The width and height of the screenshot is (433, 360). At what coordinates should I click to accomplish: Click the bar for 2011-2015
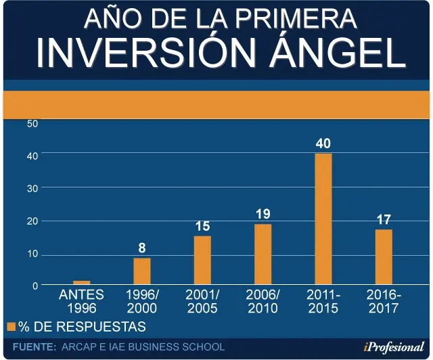(x=323, y=219)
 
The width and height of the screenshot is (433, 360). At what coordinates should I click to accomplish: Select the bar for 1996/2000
(x=142, y=271)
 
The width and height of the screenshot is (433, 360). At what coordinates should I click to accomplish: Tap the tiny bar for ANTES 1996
(x=81, y=282)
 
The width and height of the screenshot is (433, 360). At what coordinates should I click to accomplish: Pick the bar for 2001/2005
(x=202, y=260)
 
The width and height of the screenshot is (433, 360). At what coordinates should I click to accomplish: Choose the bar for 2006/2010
(x=263, y=254)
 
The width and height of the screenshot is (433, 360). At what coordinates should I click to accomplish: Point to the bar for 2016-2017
(x=384, y=256)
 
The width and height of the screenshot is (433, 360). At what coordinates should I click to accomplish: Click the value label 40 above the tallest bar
(x=323, y=143)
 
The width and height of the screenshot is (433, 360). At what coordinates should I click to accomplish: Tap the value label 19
(x=263, y=214)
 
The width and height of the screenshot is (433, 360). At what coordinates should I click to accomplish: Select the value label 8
(x=142, y=248)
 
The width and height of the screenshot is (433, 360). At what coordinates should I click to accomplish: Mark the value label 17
(x=384, y=220)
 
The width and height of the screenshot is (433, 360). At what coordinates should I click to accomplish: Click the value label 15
(x=203, y=226)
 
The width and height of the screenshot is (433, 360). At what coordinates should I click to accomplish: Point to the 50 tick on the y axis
(x=32, y=124)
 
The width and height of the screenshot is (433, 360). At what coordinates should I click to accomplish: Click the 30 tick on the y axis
(x=32, y=189)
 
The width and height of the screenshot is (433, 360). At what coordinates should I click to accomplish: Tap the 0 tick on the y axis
(x=35, y=286)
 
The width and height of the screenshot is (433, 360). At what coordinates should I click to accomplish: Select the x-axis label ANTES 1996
(x=81, y=301)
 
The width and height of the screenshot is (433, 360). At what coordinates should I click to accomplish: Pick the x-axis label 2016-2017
(x=384, y=301)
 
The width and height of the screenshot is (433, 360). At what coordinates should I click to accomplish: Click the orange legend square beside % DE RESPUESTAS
(x=12, y=327)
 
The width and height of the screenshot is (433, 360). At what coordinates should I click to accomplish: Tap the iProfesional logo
(x=394, y=347)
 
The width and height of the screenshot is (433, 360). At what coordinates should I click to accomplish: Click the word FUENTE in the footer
(x=35, y=347)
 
